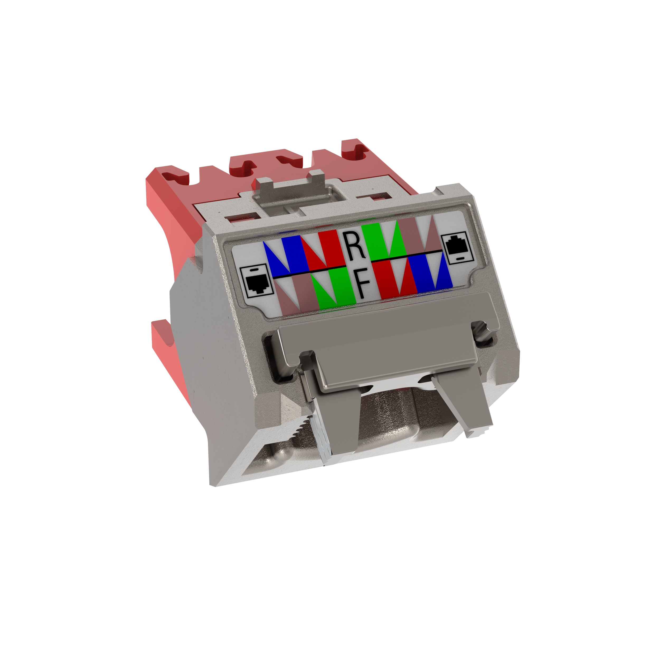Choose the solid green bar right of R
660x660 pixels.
tap(373, 241)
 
